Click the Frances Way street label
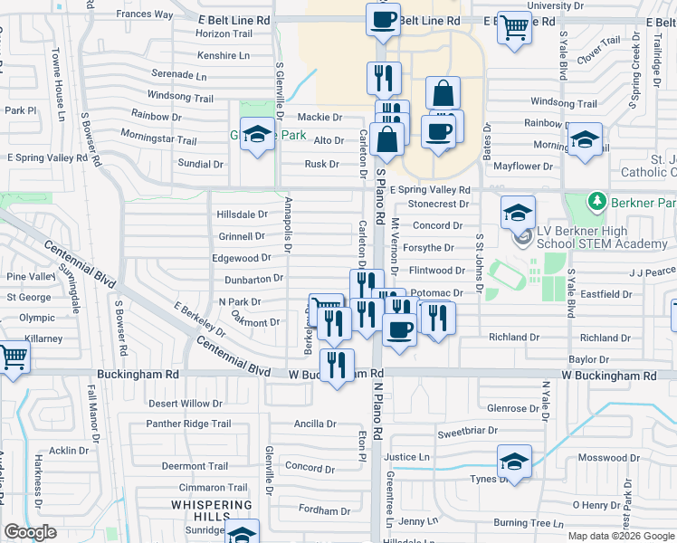click(x=144, y=14)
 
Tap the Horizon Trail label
click(x=224, y=33)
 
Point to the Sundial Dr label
click(x=201, y=164)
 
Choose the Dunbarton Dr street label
click(x=253, y=279)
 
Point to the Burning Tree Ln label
click(x=529, y=522)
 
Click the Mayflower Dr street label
click(x=523, y=167)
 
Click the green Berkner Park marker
click(x=596, y=199)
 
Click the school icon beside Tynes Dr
click(x=513, y=461)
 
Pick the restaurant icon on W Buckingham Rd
click(x=337, y=365)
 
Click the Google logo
click(x=31, y=532)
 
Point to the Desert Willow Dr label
click(x=186, y=404)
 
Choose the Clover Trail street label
click(x=599, y=52)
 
